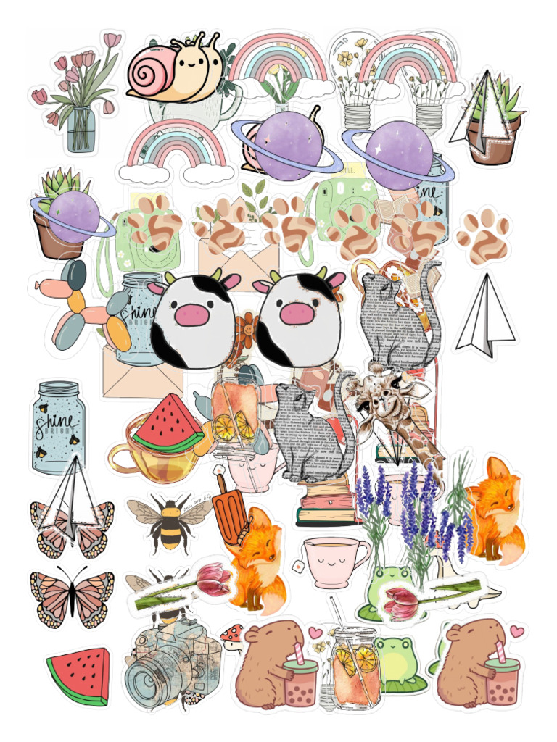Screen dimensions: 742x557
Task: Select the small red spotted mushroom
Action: click(232, 635)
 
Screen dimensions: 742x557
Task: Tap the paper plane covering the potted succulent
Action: click(479, 116)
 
